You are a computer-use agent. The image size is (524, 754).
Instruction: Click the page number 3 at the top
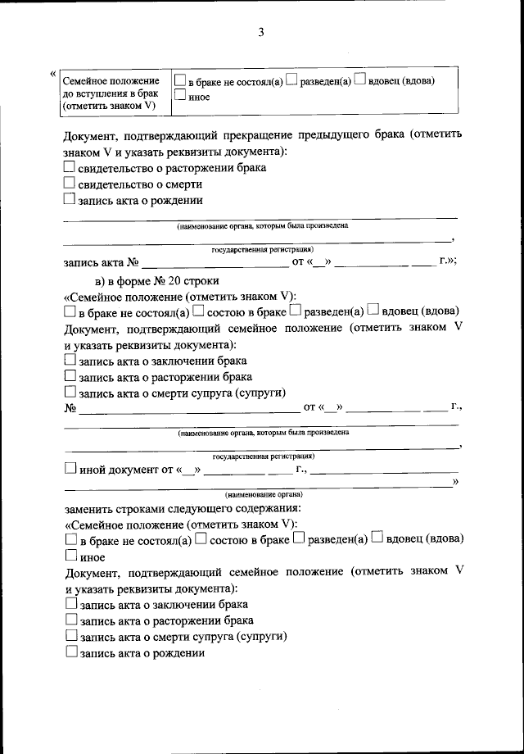pyautogui.click(x=261, y=33)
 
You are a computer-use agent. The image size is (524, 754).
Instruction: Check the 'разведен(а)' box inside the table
pyautogui.click(x=293, y=81)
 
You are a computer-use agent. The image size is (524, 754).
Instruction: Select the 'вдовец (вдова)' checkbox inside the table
pyautogui.click(x=359, y=81)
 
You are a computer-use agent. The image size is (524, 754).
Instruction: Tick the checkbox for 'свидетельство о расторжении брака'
pyautogui.click(x=70, y=167)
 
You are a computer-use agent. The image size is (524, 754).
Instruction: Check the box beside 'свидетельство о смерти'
pyautogui.click(x=70, y=184)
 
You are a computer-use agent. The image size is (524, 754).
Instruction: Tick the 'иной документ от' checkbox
pyautogui.click(x=70, y=470)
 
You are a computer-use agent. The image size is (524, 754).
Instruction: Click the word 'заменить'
pyautogui.click(x=88, y=508)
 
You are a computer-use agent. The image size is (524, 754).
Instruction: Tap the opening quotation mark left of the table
pyautogui.click(x=54, y=75)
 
